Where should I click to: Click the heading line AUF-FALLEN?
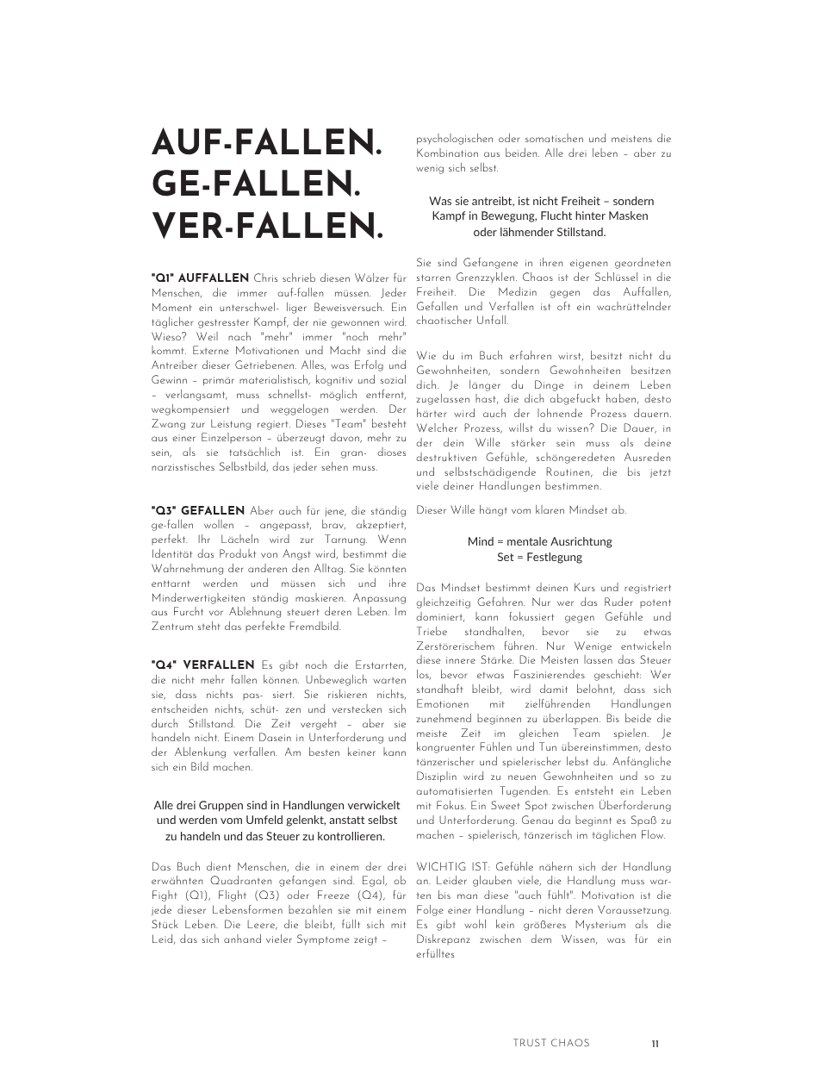point(267,143)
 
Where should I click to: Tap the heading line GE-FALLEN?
point(256,184)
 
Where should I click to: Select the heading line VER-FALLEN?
point(267,226)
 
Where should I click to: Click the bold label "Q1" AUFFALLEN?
point(200,278)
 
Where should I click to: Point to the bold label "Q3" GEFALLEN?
point(197,511)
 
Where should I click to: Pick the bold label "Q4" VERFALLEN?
point(202,665)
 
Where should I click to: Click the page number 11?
point(656,1043)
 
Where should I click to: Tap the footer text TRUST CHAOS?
point(551,1043)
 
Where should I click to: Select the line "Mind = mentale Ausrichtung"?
point(540,541)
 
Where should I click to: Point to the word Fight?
point(164,896)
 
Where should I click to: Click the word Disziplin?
point(439,777)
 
